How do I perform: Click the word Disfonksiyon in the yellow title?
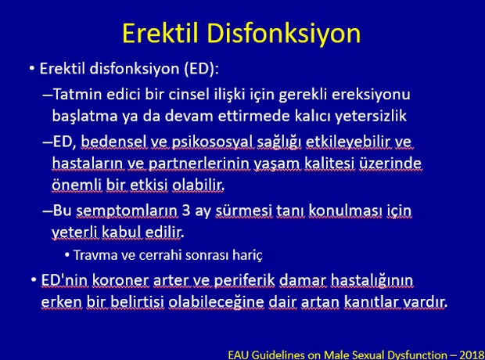(284, 33)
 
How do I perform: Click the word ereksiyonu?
(371, 95)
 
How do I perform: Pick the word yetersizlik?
(371, 116)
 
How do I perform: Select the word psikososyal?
(213, 142)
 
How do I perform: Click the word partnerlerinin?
(199, 164)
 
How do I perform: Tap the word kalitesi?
(329, 163)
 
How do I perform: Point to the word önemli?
(77, 185)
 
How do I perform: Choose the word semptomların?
(127, 211)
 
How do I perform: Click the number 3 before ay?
(186, 211)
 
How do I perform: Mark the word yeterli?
(74, 232)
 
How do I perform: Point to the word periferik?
(244, 281)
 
